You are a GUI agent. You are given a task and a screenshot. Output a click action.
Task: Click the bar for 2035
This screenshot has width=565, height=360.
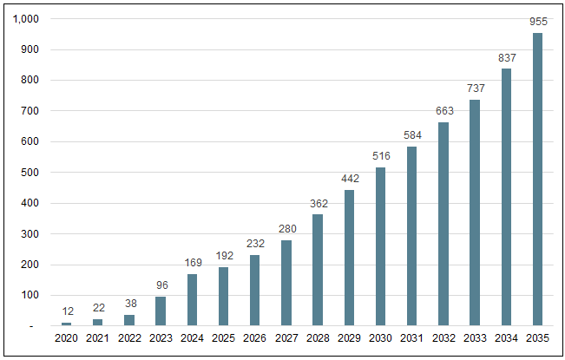click(537, 180)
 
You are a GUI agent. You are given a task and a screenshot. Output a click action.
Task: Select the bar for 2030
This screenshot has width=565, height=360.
click(380, 246)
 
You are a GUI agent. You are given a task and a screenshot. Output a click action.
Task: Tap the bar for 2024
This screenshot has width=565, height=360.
click(192, 300)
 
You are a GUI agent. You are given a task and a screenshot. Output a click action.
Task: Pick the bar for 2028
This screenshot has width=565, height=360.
click(318, 270)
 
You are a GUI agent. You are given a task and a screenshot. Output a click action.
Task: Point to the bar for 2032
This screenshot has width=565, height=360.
click(443, 224)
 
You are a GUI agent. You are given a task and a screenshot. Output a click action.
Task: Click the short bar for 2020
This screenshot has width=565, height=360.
click(66, 324)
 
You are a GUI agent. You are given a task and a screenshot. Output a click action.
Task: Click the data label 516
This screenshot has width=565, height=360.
click(380, 156)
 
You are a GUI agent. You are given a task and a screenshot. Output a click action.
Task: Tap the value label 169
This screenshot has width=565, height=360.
click(192, 263)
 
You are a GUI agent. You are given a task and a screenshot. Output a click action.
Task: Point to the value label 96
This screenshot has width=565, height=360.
click(161, 285)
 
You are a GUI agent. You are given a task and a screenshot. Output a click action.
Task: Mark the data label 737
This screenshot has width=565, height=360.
click(475, 88)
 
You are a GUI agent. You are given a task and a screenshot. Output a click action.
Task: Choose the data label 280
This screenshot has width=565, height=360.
click(286, 229)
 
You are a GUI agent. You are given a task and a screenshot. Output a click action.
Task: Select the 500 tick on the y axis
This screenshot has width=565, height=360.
click(30, 173)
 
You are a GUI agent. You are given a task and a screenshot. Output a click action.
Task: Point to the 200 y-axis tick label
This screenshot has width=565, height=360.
click(30, 265)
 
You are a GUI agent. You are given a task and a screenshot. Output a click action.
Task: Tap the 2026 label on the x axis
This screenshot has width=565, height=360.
click(254, 338)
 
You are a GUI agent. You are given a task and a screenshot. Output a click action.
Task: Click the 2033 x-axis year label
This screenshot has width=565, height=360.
click(475, 338)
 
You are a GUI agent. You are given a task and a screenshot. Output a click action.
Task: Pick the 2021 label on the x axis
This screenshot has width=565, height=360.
click(97, 338)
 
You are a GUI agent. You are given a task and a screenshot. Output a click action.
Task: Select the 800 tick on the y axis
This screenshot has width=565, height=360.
click(30, 81)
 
